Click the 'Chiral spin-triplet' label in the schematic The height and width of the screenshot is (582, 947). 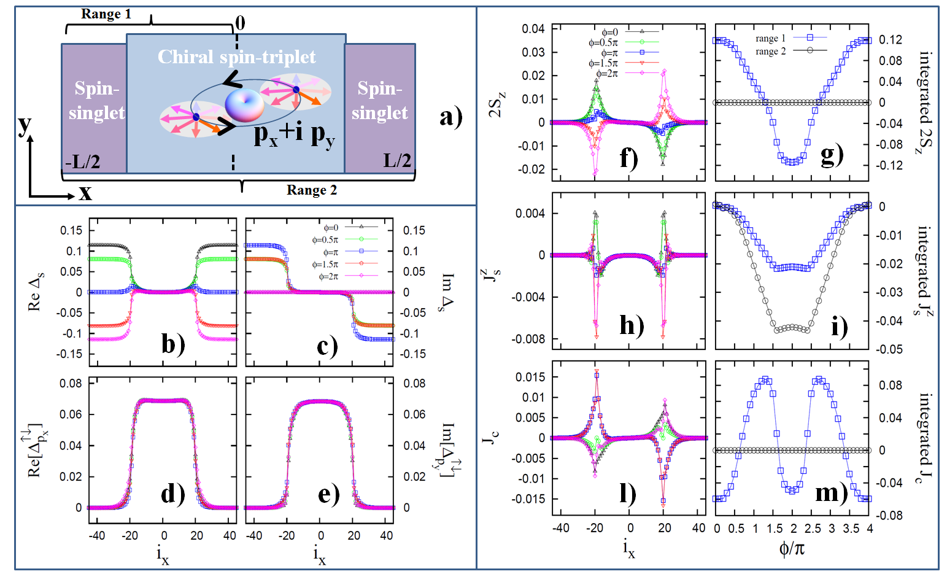pos(236,57)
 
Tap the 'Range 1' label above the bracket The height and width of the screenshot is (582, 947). pos(106,14)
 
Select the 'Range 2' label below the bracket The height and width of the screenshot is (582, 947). pos(312,190)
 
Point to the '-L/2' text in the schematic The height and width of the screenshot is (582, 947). pos(83,161)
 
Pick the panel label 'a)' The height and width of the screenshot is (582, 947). pos(450,116)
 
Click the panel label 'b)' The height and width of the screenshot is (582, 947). pos(173,344)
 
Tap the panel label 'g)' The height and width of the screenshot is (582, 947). pos(832,155)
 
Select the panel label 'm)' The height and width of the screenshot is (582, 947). pos(831,492)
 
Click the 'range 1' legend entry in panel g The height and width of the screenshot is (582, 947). pos(770,39)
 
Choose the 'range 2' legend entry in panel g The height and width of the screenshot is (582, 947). pos(770,52)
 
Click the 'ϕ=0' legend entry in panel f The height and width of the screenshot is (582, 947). pos(609,32)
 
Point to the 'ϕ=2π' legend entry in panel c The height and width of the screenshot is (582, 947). pos(328,277)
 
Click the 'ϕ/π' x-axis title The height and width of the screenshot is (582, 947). pos(792,548)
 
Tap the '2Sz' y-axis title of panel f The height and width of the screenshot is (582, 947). pos(498,103)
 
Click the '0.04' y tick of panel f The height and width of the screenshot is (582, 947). pos(533,29)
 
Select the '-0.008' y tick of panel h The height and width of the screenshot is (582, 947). pos(530,339)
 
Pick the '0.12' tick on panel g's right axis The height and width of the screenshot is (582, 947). pos(891,40)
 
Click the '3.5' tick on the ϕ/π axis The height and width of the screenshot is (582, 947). pos(851,529)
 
